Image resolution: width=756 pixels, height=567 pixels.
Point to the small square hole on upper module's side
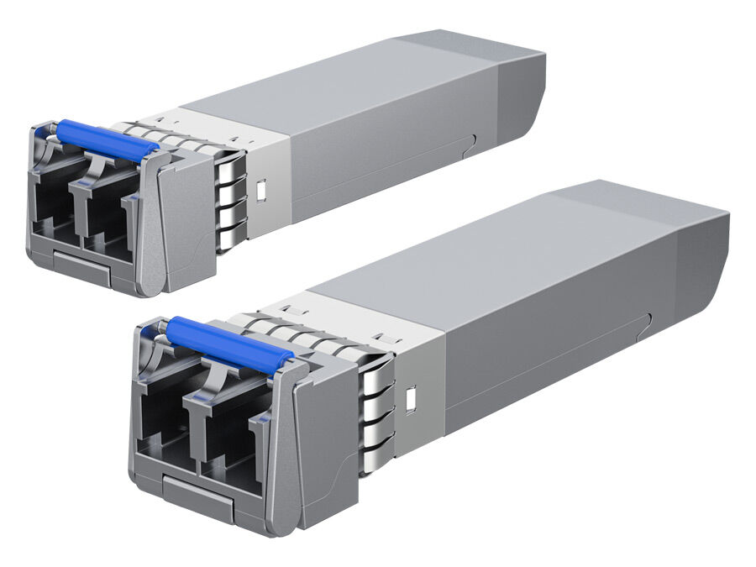point(261,191)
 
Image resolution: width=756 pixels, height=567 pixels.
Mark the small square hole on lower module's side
point(411,399)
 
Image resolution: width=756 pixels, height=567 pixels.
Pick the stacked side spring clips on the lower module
point(376,416)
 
